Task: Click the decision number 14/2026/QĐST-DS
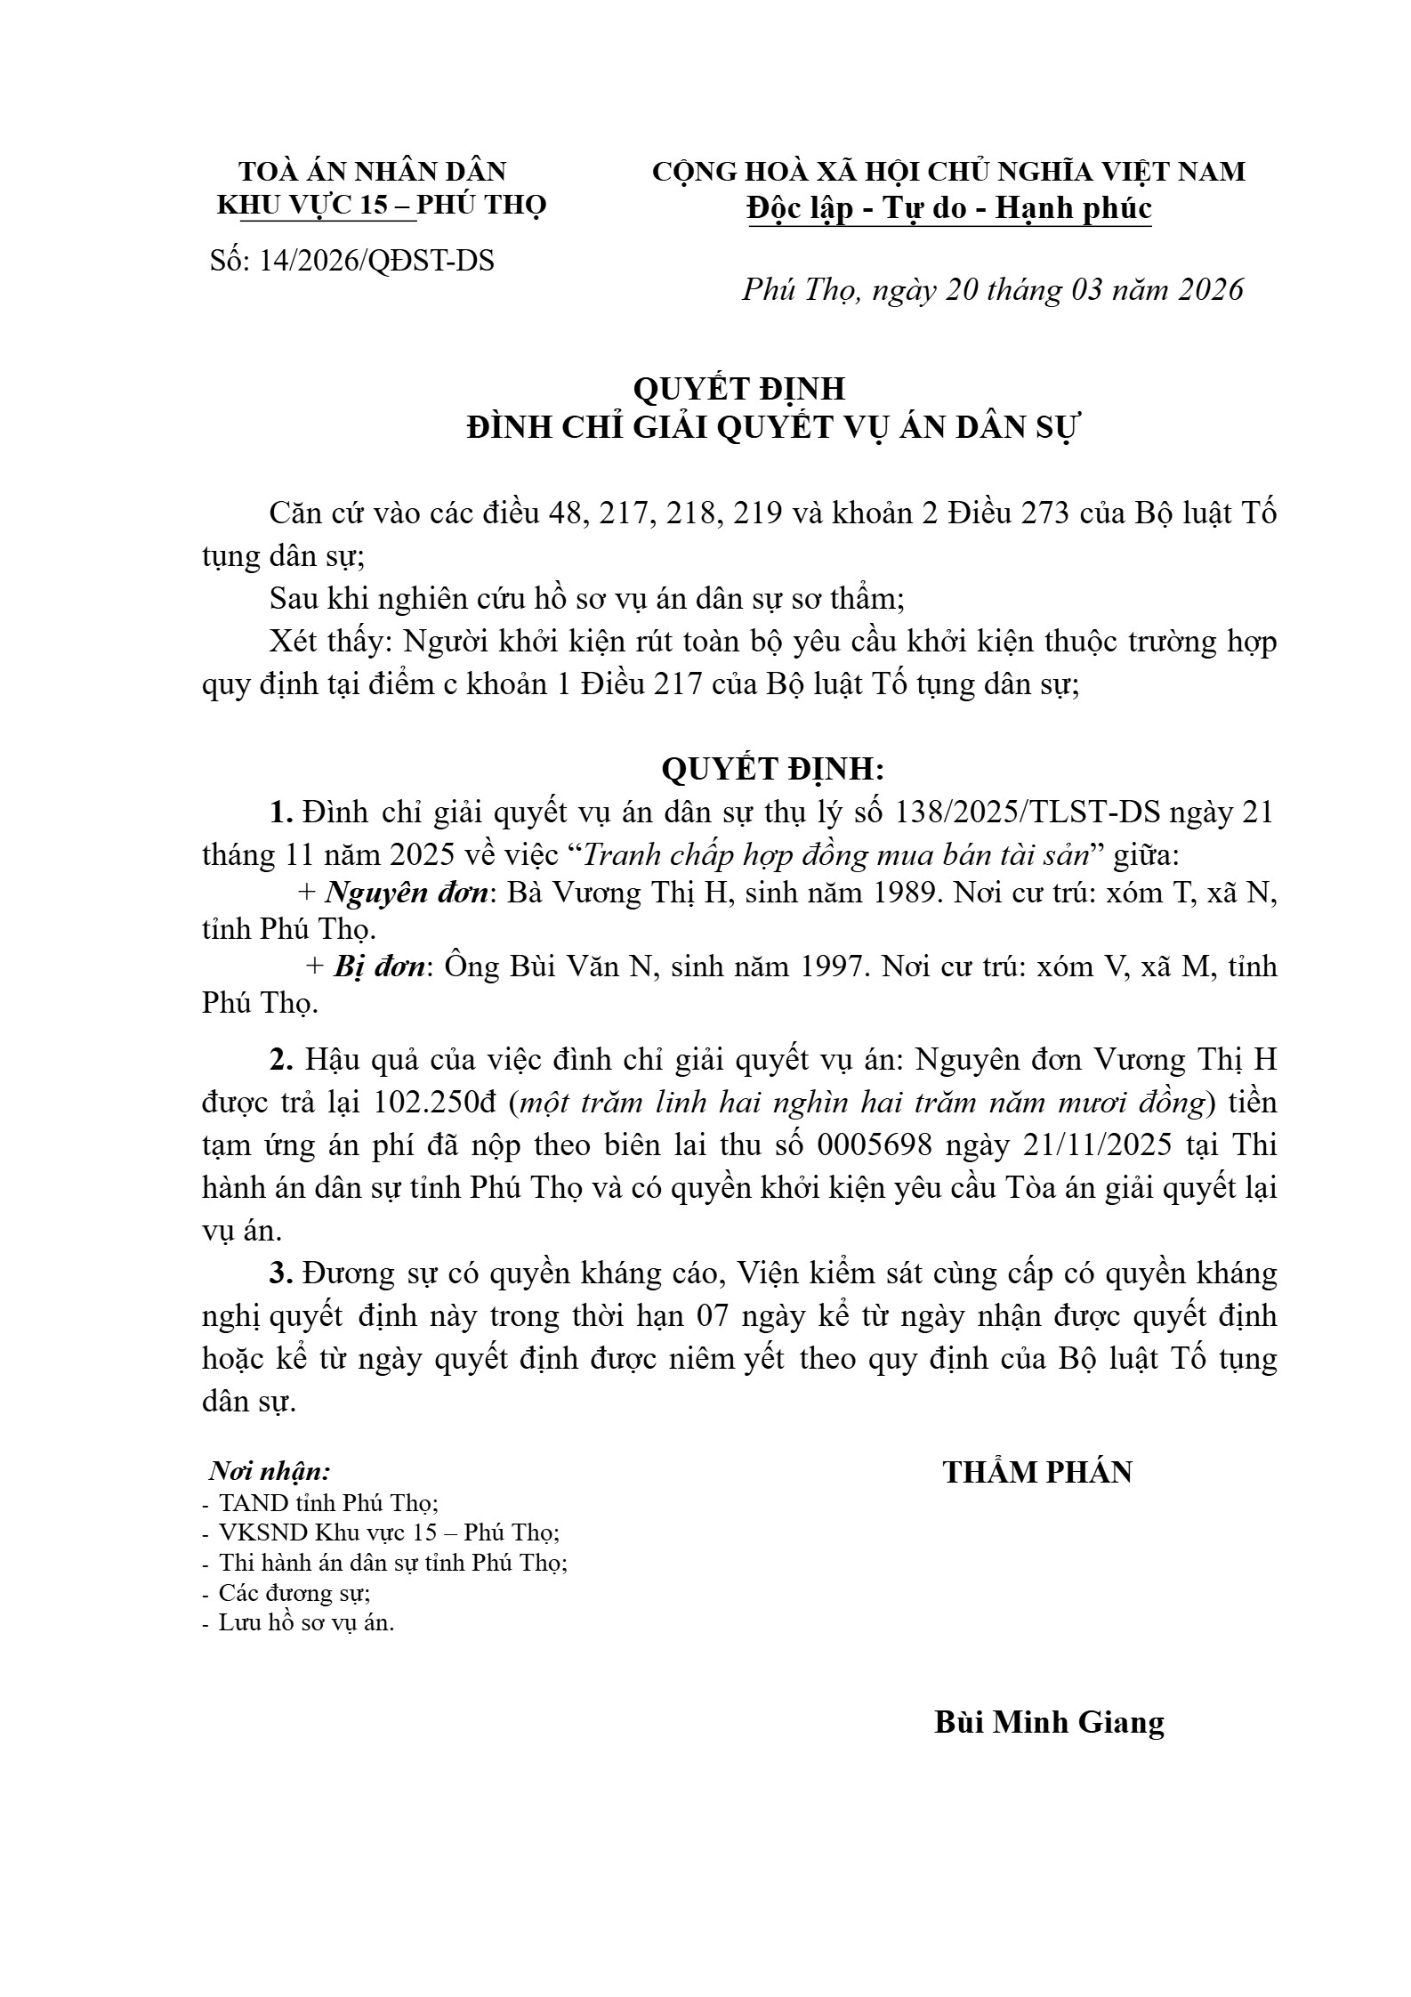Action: [376, 261]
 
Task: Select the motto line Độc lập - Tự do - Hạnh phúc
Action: [949, 208]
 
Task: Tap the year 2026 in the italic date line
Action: [1209, 290]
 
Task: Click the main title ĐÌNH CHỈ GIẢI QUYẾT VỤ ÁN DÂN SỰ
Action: [771, 428]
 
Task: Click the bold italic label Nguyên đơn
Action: [407, 893]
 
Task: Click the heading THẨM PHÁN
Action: [1037, 1473]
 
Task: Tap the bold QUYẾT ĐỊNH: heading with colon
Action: [772, 771]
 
